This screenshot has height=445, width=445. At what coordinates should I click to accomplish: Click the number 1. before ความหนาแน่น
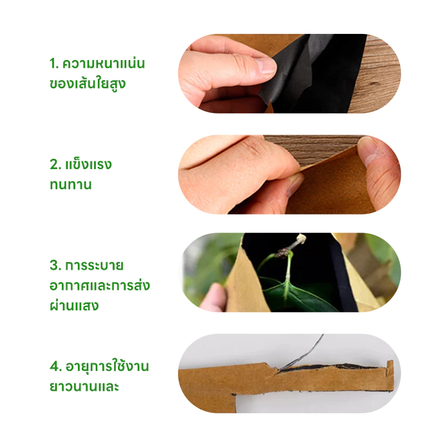pos(54,63)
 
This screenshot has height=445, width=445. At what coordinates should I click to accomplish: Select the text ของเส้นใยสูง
pos(88,83)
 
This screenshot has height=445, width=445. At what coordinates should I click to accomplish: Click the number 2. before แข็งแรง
pos(55,165)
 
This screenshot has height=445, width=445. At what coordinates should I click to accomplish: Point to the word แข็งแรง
pos(88,164)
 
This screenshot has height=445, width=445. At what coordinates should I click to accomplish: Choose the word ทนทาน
pos(71,185)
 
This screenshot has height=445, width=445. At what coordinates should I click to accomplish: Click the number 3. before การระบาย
pos(55,266)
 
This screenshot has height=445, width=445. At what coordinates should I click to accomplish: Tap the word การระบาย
pos(94,266)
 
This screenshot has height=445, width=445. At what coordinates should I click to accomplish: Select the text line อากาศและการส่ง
pos(100,285)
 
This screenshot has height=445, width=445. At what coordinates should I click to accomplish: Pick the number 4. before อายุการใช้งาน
pos(56,367)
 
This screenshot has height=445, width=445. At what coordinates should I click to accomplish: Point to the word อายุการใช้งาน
pos(107,366)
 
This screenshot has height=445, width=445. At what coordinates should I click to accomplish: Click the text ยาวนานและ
pos(84,387)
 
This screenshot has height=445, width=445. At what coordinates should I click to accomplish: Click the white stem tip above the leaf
pos(301,239)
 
